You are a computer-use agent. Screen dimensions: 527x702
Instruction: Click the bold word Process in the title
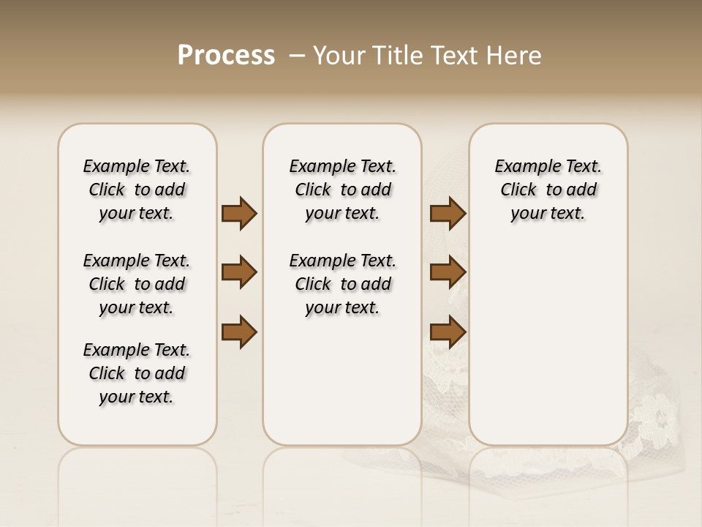(x=226, y=56)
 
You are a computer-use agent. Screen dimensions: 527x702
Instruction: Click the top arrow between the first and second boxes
(x=239, y=214)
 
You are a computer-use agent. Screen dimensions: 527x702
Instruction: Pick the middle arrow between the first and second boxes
(x=239, y=272)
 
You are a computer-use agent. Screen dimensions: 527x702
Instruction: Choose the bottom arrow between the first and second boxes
(x=239, y=332)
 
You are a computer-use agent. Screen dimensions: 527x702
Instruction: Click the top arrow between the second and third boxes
(x=448, y=214)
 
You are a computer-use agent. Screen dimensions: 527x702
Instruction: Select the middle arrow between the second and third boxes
(x=448, y=272)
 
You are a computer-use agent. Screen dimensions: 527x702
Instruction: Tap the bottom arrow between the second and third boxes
(x=448, y=332)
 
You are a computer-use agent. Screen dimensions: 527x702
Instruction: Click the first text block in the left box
(x=137, y=190)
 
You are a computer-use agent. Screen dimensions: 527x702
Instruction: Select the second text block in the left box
(x=137, y=284)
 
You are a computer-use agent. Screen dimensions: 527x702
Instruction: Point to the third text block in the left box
(x=137, y=373)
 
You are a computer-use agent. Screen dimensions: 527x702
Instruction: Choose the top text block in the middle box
(x=342, y=190)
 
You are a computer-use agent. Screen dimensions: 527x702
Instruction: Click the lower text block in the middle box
(x=342, y=284)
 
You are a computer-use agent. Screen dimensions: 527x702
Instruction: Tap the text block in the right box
(x=548, y=190)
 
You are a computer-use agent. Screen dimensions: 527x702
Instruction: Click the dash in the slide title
(x=298, y=56)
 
